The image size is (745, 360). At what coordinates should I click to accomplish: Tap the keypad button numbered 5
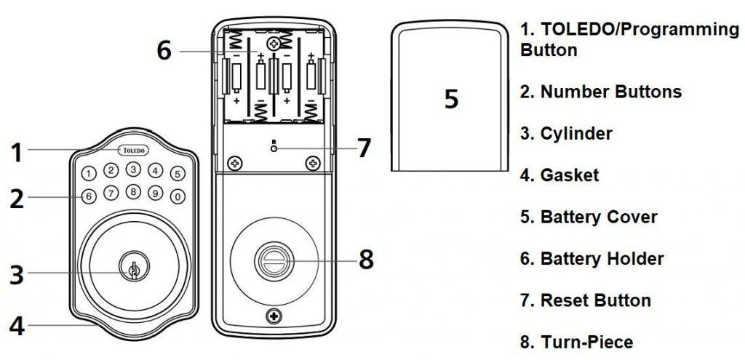(x=178, y=175)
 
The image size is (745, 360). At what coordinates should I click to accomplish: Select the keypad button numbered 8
(x=132, y=193)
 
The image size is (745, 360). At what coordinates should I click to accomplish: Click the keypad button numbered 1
(x=87, y=174)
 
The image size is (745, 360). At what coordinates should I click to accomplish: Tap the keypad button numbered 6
(x=87, y=196)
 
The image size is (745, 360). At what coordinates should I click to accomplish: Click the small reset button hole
(x=273, y=148)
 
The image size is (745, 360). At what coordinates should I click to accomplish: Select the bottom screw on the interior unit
(x=274, y=316)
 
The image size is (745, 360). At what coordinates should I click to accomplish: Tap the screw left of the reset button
(x=234, y=163)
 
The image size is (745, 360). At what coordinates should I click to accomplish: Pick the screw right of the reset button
(x=312, y=163)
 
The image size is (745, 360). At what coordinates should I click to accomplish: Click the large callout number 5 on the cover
(x=452, y=99)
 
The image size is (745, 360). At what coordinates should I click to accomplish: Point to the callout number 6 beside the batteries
(x=164, y=51)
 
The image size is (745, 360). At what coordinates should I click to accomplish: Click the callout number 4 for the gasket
(x=17, y=325)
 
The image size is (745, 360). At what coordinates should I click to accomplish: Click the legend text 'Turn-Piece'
(x=586, y=342)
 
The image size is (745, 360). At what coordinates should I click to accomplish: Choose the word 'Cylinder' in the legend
(x=575, y=133)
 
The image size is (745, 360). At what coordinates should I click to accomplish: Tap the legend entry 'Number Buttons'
(x=610, y=92)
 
